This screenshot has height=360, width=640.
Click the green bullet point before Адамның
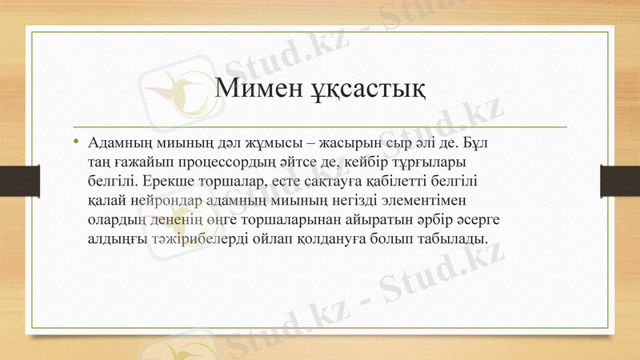point(76,144)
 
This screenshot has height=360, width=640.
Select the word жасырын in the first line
point(350,145)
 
